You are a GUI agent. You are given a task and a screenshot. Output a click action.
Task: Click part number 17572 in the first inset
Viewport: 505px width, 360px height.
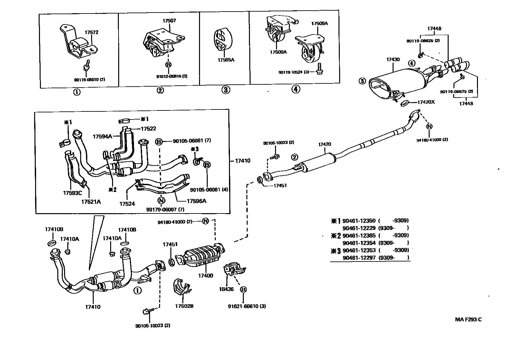(x=91, y=33)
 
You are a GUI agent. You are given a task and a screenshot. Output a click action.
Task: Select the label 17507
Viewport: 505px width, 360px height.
(x=169, y=21)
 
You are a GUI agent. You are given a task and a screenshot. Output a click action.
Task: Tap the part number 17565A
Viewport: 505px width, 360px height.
(x=225, y=60)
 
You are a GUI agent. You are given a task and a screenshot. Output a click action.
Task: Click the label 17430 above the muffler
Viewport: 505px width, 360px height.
(x=393, y=60)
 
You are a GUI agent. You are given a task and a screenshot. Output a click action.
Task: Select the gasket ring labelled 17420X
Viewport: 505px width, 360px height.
(x=405, y=103)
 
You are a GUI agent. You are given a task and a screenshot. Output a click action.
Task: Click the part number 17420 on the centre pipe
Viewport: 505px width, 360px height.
(x=325, y=144)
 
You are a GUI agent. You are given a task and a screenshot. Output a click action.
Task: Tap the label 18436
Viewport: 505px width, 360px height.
(x=226, y=289)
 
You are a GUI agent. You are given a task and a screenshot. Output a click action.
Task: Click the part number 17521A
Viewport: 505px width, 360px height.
(x=91, y=202)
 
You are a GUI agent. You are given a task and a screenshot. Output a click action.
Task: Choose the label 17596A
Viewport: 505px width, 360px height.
(x=196, y=201)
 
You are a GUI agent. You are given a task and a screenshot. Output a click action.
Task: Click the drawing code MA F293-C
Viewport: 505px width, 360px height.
(x=469, y=319)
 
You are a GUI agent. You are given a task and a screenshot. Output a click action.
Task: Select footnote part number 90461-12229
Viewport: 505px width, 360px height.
(x=359, y=228)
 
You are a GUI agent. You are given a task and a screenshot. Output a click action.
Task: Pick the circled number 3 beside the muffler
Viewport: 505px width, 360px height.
(x=362, y=81)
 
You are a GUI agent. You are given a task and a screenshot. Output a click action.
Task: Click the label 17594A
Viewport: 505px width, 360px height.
(x=102, y=137)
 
